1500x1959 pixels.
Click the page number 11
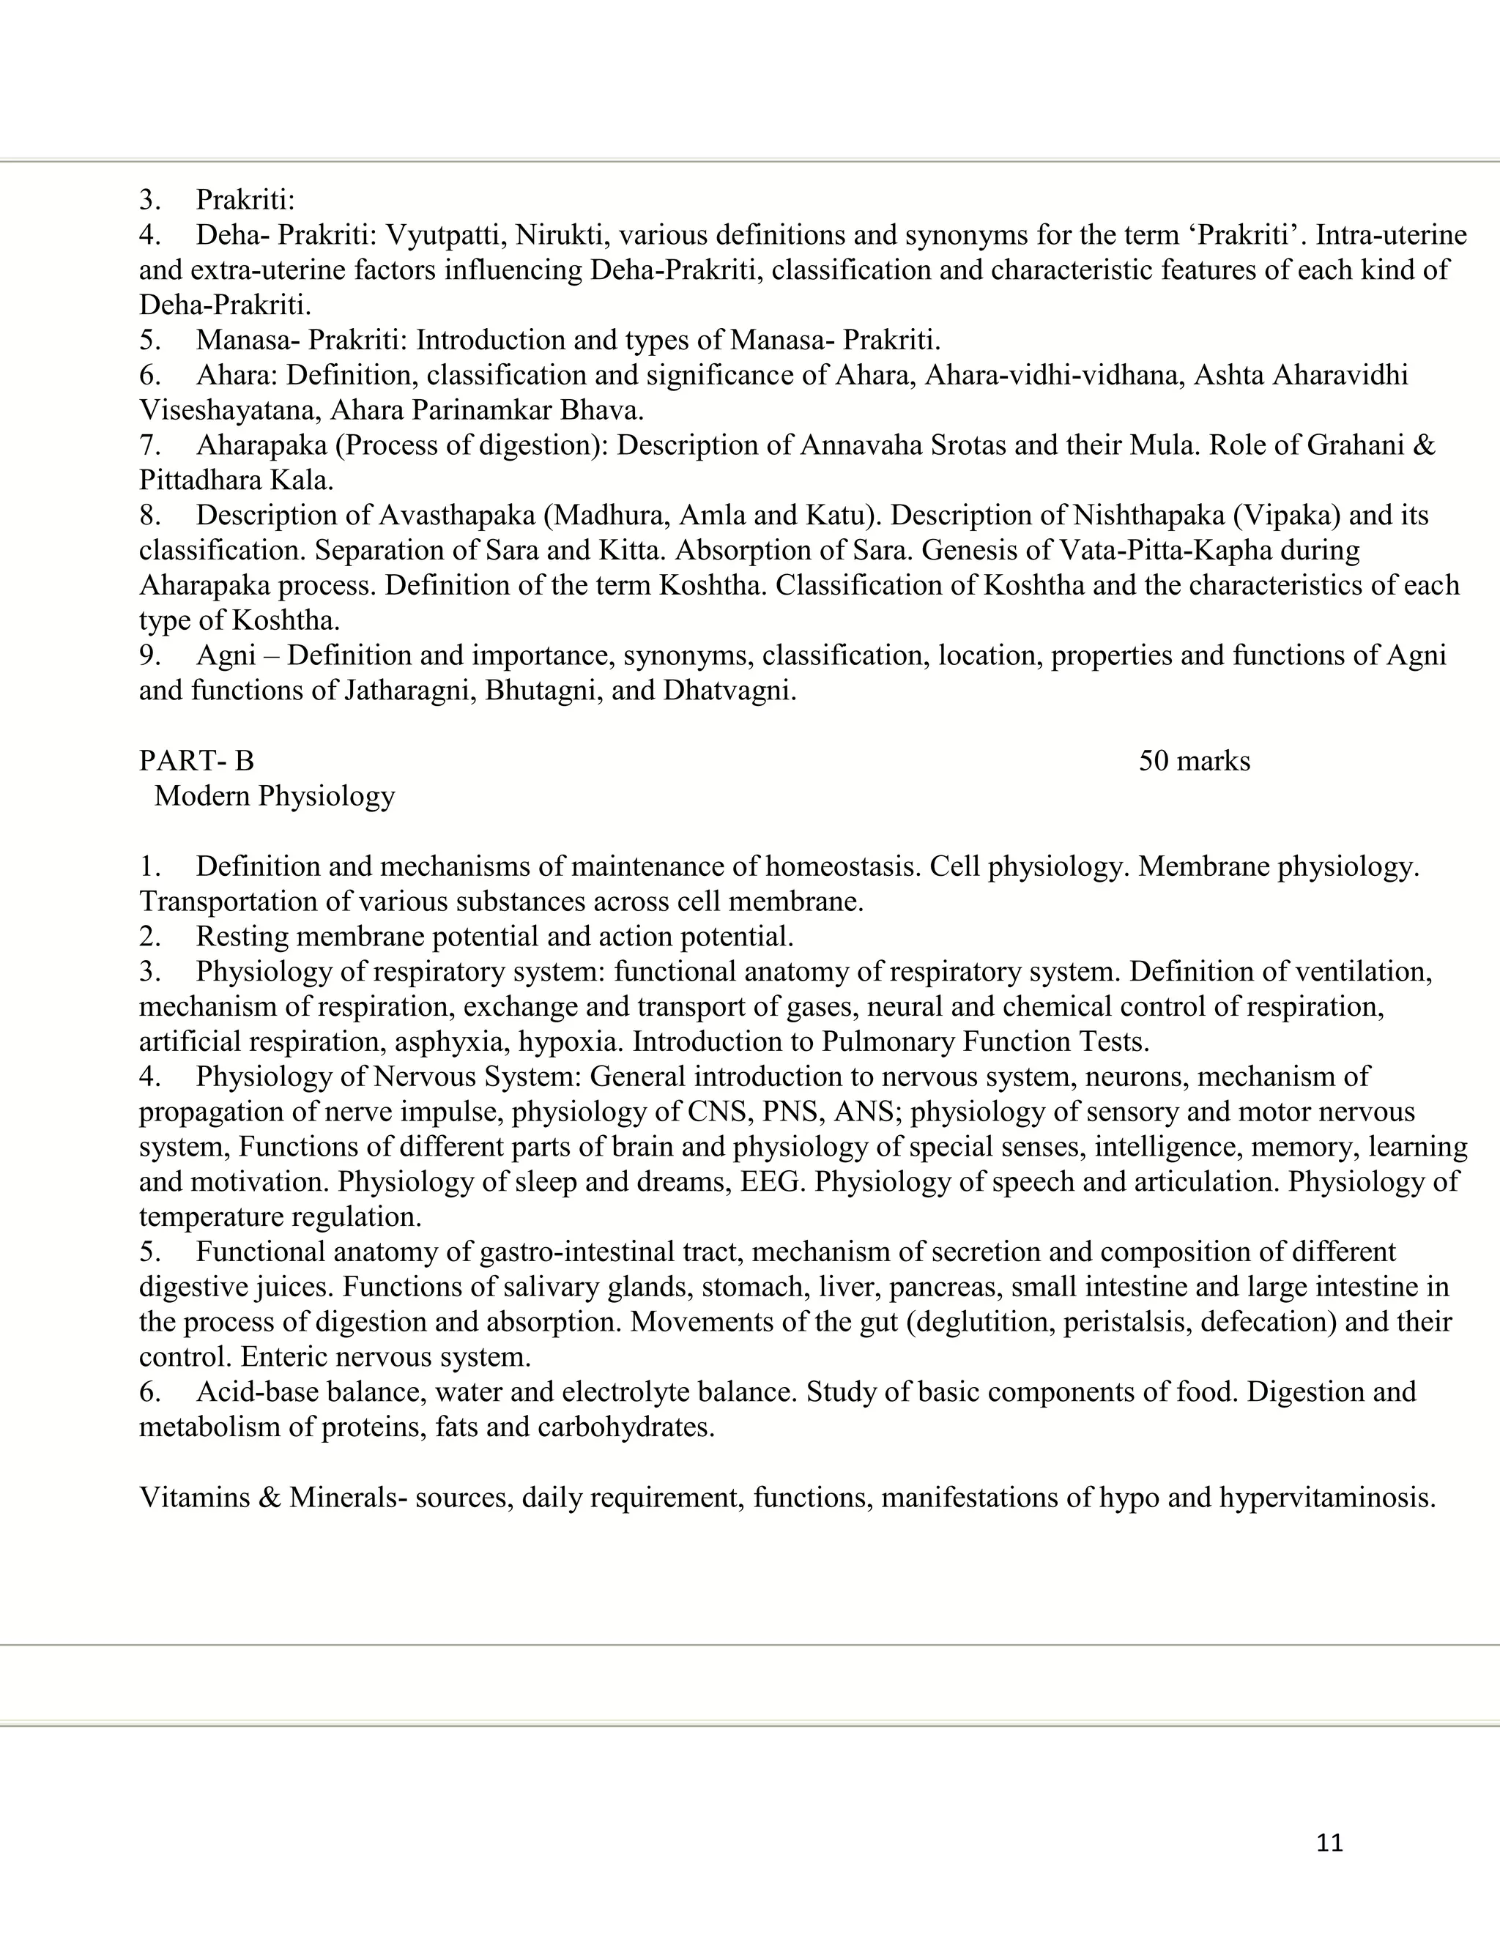tap(1329, 1843)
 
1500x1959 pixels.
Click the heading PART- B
tap(196, 761)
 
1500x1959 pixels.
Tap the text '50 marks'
tap(1194, 761)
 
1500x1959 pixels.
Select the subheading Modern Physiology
tap(274, 795)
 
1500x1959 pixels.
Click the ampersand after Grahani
tap(1425, 445)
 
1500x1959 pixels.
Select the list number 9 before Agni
tap(149, 655)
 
